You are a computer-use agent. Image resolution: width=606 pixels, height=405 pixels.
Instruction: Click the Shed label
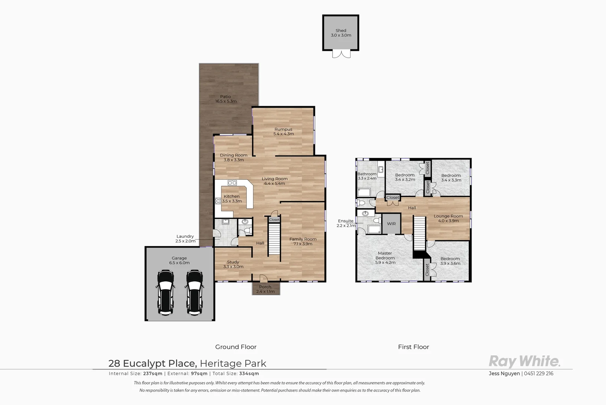[x=341, y=30]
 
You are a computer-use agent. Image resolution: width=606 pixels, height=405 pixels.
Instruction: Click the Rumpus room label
[x=283, y=129]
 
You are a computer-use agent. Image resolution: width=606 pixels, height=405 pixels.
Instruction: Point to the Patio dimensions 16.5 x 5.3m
[x=226, y=101]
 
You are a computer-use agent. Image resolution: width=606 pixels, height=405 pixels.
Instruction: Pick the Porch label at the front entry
[x=265, y=287]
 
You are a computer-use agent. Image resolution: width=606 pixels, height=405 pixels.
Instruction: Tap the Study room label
[x=233, y=262]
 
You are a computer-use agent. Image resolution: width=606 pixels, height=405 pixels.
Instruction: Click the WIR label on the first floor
[x=391, y=224]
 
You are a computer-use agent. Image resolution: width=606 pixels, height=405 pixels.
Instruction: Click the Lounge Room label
[x=448, y=216]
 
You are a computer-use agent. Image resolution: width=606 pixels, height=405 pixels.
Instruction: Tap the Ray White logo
[x=524, y=361]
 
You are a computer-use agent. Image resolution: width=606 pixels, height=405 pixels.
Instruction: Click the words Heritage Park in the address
[x=233, y=363]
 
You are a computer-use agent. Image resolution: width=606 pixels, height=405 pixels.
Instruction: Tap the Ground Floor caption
[x=236, y=347]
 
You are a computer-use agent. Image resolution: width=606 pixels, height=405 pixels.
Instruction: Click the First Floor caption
[x=413, y=347]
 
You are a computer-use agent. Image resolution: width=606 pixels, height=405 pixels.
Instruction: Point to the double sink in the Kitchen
[x=232, y=183]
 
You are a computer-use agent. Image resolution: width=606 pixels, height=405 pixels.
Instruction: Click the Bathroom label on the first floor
[x=367, y=174]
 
